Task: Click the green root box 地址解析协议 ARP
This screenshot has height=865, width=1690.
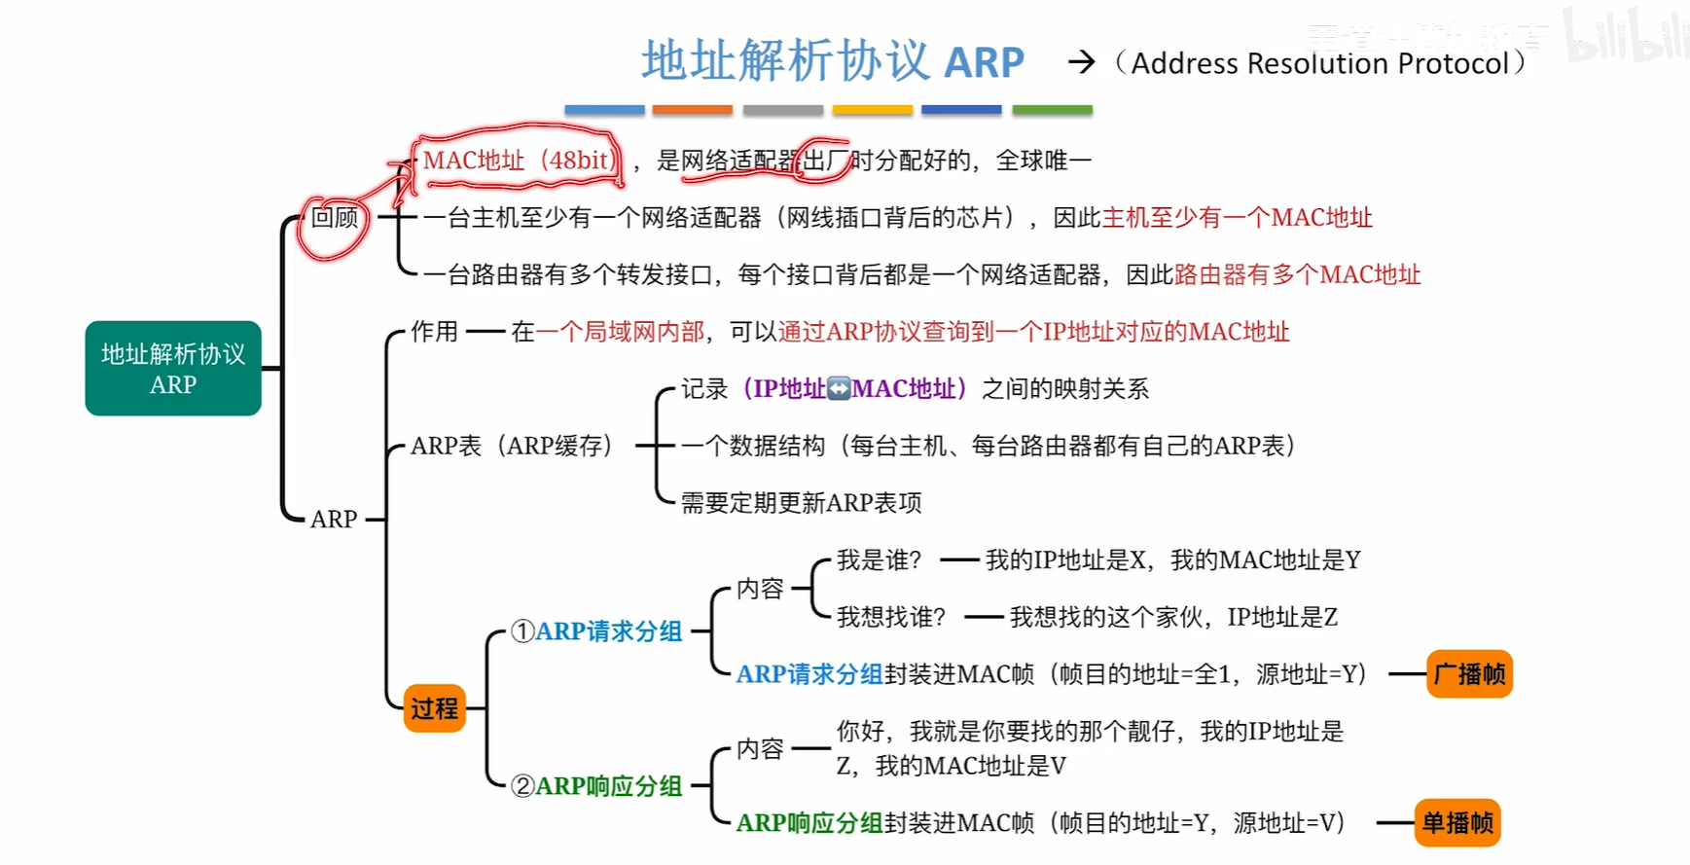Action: tap(173, 369)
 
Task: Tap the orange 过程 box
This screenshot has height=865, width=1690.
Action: tap(434, 708)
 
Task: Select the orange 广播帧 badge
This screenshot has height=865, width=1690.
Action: tap(1469, 674)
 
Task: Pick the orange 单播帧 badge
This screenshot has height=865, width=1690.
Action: tap(1457, 823)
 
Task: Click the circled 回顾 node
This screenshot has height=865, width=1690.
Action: tap(334, 218)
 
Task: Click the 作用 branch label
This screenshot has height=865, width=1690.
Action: tap(434, 332)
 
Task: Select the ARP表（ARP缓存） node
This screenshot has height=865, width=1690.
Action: tap(512, 446)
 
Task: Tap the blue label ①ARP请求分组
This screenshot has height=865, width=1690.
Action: tap(597, 631)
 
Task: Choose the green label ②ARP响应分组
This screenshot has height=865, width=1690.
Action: tap(597, 786)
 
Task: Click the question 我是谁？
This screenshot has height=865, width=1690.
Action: tap(879, 560)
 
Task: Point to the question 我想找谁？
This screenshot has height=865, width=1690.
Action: tap(891, 617)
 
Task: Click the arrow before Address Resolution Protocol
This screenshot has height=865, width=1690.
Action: tap(1081, 63)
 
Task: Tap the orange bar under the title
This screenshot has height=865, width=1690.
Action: tap(692, 110)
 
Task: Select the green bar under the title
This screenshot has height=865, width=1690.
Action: tap(1052, 110)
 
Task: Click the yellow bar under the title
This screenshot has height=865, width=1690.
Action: tap(872, 110)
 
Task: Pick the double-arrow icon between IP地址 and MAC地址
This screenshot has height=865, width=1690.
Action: tap(839, 389)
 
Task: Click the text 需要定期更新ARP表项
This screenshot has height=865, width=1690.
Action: tap(801, 503)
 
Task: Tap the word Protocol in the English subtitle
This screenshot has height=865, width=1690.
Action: tap(1453, 63)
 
